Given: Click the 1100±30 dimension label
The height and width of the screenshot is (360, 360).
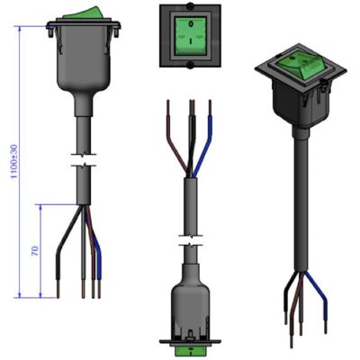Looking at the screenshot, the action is click(14, 161).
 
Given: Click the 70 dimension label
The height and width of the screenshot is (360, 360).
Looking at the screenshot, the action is click(35, 251).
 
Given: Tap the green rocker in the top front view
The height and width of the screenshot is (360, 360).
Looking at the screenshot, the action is click(190, 35).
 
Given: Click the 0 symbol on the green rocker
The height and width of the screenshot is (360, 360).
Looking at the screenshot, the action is click(190, 23).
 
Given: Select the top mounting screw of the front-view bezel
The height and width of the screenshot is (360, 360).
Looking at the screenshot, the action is click(190, 5).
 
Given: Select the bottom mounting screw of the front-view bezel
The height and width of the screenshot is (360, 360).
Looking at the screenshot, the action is click(190, 66).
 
